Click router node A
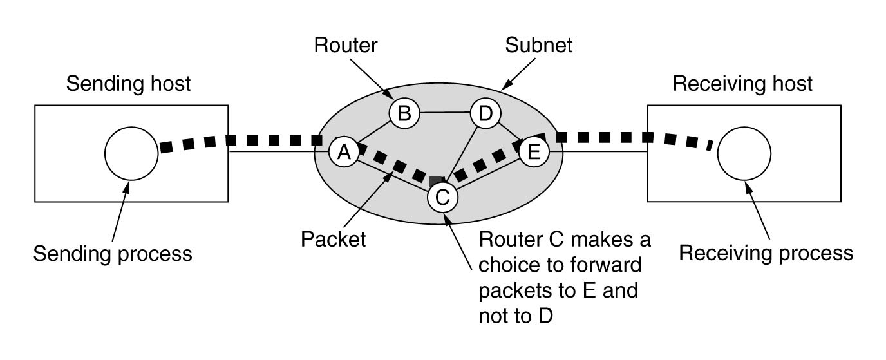coord(344,153)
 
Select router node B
coord(404,114)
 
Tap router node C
coord(442,197)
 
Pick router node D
coord(485,114)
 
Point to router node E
coord(534,153)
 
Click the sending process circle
coord(131,153)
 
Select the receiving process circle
coord(744,153)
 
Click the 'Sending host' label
coord(129,84)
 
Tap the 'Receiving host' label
coord(742,84)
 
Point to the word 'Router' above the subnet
coord(346,45)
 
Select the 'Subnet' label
coord(539,45)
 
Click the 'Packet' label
coord(333,240)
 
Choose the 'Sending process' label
coord(113,254)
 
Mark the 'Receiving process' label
coord(766,252)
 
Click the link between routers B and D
coord(444,113)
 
